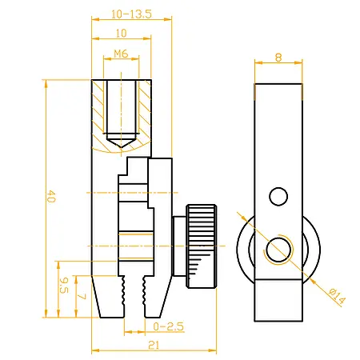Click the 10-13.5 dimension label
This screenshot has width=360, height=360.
click(x=131, y=14)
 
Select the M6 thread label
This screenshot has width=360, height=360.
click(x=121, y=54)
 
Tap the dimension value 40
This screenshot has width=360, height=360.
click(x=51, y=196)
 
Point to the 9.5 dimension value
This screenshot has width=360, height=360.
click(x=64, y=285)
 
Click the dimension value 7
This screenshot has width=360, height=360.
click(x=82, y=297)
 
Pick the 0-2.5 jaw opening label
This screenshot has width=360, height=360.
click(x=169, y=326)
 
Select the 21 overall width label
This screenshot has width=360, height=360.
click(x=154, y=346)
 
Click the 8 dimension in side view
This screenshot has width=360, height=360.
click(x=278, y=58)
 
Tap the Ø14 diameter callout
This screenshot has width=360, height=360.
click(x=337, y=296)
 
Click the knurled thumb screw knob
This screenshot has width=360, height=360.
click(x=202, y=246)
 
